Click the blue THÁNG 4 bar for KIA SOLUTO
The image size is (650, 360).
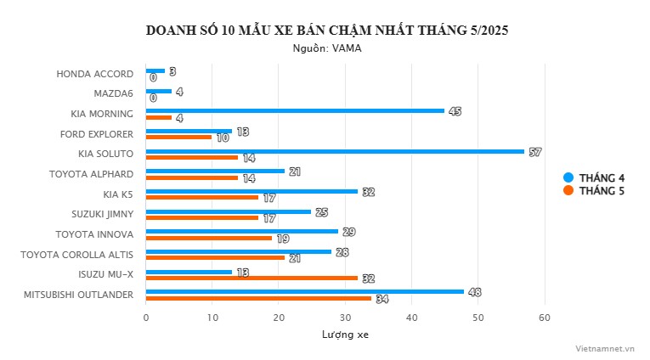[x=335, y=151]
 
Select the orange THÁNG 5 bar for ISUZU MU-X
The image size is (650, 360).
[x=252, y=278]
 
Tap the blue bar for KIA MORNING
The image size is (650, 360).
[x=295, y=110]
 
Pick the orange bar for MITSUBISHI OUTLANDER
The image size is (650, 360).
[x=259, y=298]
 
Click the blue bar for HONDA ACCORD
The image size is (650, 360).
[x=155, y=70]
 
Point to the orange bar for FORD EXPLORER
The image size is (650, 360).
[x=178, y=137]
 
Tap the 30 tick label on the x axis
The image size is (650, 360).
[x=346, y=318]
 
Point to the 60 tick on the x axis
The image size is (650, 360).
[x=545, y=318]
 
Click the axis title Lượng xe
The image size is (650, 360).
[x=345, y=335]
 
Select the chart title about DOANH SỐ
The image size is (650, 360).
[x=327, y=31]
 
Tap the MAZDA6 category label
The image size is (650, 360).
[x=113, y=93]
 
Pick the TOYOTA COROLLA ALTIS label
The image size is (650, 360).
[x=77, y=254]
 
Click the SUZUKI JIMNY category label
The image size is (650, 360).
[x=99, y=214]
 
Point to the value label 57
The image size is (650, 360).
[x=534, y=152]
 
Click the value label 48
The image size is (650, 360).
[x=475, y=292]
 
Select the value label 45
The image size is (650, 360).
[x=455, y=111]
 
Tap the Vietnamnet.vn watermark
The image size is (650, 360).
[x=604, y=347]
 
